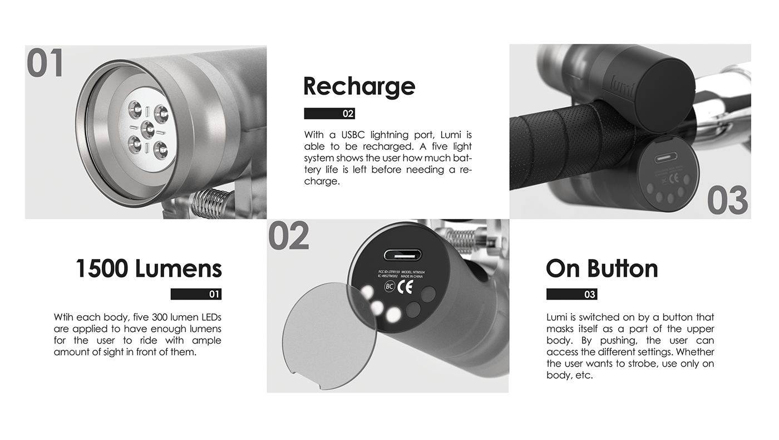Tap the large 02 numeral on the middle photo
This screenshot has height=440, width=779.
pos(289,236)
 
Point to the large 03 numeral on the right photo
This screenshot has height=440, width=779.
pos(727,201)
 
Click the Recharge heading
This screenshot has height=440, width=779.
pos(359,86)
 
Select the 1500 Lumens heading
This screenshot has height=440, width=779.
pos(149,268)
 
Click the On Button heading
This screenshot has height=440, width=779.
pos(601,268)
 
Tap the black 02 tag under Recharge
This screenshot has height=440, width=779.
pos(329,114)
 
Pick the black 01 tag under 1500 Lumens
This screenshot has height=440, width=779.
pos(196,294)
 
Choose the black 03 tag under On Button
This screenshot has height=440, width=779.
pos(571,294)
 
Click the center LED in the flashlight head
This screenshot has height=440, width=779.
pos(147,129)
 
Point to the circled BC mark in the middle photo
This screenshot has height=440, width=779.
pos(389,286)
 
